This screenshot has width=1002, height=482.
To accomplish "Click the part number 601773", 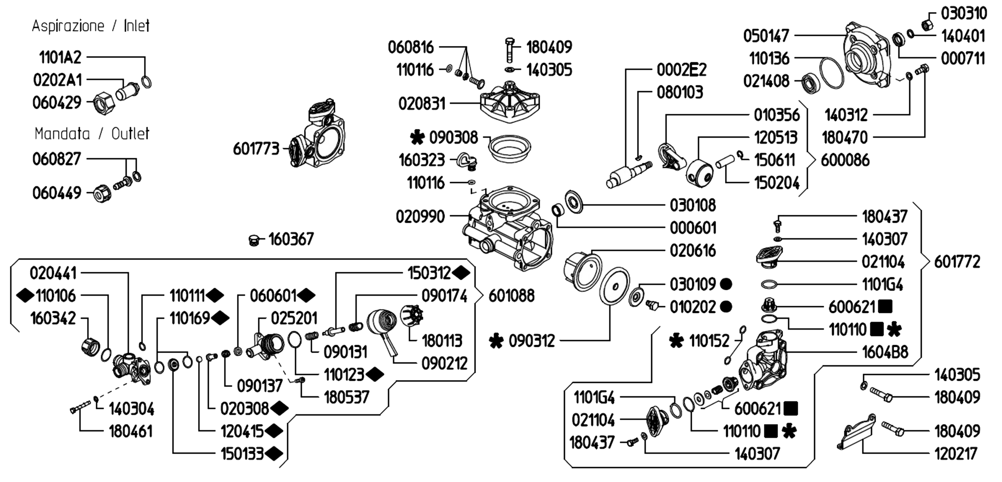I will click(x=256, y=149).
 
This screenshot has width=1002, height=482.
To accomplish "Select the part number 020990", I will click(x=420, y=216).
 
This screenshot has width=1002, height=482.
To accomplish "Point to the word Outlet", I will click(x=130, y=133).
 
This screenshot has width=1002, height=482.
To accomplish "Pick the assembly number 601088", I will click(x=511, y=296).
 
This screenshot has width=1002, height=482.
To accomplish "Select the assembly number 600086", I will click(x=845, y=160).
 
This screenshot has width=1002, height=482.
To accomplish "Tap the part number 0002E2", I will click(x=682, y=70).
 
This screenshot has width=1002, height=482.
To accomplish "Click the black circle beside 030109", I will click(x=726, y=284).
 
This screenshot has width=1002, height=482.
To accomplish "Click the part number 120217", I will click(x=956, y=453).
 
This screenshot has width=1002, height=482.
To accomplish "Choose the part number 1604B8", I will click(x=885, y=352).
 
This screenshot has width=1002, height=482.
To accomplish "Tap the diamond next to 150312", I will click(x=461, y=273).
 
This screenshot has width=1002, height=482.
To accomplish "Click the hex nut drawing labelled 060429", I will click(x=104, y=103).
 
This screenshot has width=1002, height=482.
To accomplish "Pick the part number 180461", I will click(x=131, y=431).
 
